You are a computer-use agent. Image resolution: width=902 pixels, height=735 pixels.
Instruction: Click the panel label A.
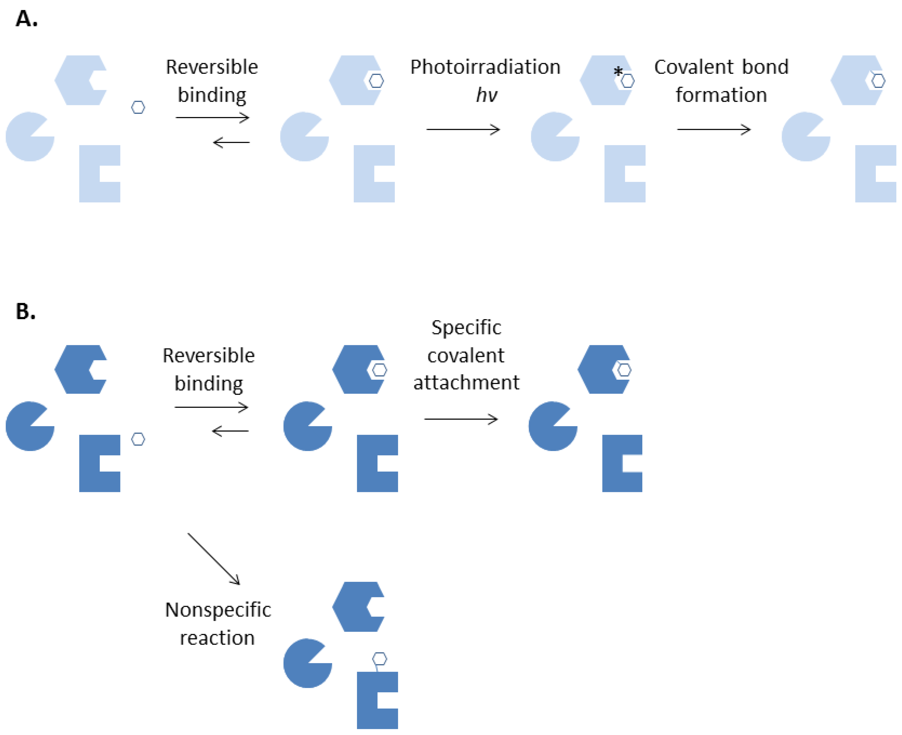tap(26, 19)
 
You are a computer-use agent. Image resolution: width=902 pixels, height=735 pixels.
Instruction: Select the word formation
tap(721, 95)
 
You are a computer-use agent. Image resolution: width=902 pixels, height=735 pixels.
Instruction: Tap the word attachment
tap(466, 382)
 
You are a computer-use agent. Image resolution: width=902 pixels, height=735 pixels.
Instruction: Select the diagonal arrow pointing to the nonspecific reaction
tap(214, 559)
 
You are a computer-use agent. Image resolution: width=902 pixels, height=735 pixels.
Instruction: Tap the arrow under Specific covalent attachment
tap(461, 419)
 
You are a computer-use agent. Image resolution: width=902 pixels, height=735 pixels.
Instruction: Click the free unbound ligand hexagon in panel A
tap(138, 107)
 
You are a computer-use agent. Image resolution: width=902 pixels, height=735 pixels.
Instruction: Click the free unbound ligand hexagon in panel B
tap(138, 439)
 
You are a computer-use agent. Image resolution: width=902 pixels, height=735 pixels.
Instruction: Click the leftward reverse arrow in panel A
tap(231, 142)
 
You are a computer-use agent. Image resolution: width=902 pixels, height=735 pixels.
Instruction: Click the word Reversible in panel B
tap(209, 356)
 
